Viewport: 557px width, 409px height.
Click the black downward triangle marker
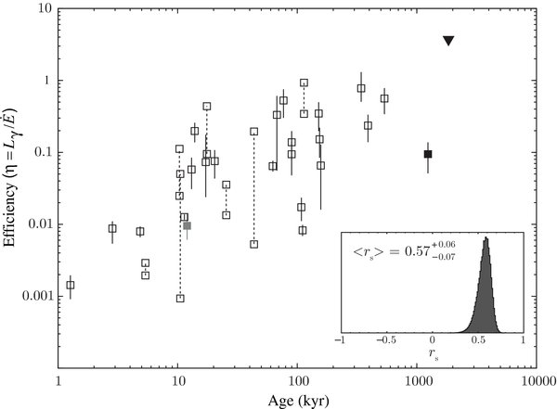(448, 41)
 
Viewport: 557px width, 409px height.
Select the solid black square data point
(428, 154)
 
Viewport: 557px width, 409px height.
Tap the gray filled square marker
(188, 225)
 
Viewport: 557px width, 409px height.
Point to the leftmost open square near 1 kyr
(71, 285)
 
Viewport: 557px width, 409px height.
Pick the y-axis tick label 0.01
(37, 224)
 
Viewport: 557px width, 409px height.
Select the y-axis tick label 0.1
(40, 153)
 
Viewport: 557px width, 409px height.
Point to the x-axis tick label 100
(298, 381)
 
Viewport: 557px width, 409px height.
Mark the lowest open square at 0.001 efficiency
(180, 298)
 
